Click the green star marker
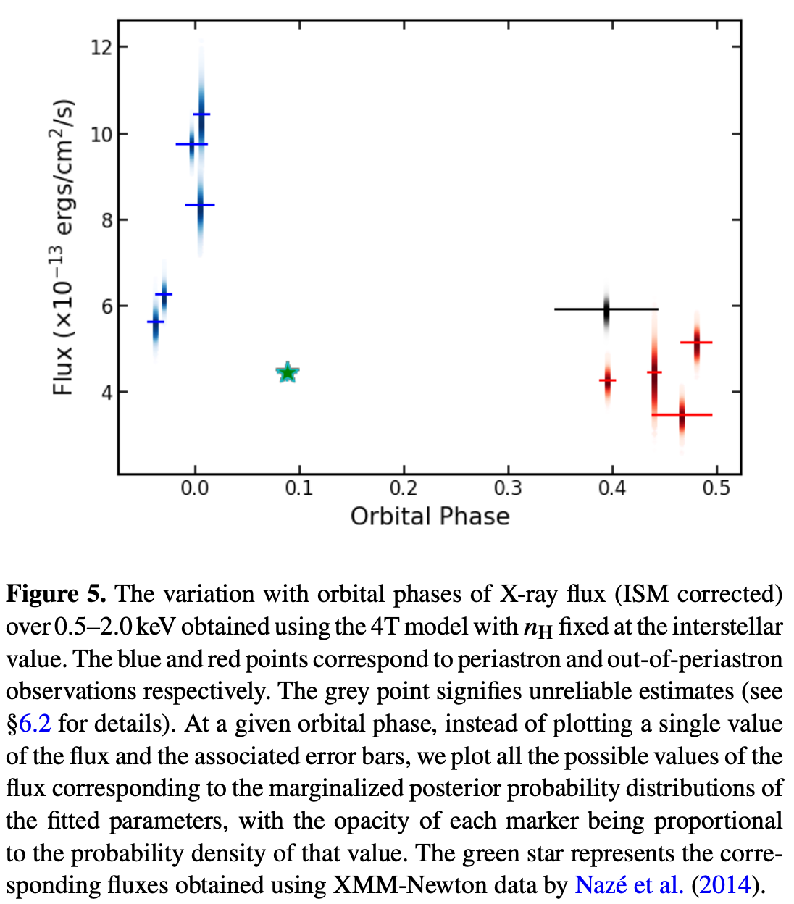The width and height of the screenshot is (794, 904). [x=288, y=373]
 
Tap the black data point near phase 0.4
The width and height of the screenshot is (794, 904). [x=607, y=309]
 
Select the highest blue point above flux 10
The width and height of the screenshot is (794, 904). [x=201, y=114]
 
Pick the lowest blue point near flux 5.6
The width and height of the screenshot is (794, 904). [x=155, y=322]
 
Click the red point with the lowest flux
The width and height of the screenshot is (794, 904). [x=682, y=414]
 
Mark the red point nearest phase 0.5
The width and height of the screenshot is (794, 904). [x=697, y=342]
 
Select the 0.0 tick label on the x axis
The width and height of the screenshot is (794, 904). [x=194, y=488]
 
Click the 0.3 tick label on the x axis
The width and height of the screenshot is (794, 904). [x=508, y=488]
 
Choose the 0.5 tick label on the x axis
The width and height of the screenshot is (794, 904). [x=716, y=488]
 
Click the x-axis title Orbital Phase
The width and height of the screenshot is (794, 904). [x=430, y=516]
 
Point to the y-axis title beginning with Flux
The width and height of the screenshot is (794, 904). [x=64, y=246]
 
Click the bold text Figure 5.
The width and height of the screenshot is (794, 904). [x=57, y=594]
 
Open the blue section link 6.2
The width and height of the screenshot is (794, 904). [x=35, y=724]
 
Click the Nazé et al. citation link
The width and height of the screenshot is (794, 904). [x=628, y=885]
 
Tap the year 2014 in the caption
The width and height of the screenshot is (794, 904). [x=726, y=885]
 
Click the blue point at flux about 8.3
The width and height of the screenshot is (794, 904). [x=200, y=205]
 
